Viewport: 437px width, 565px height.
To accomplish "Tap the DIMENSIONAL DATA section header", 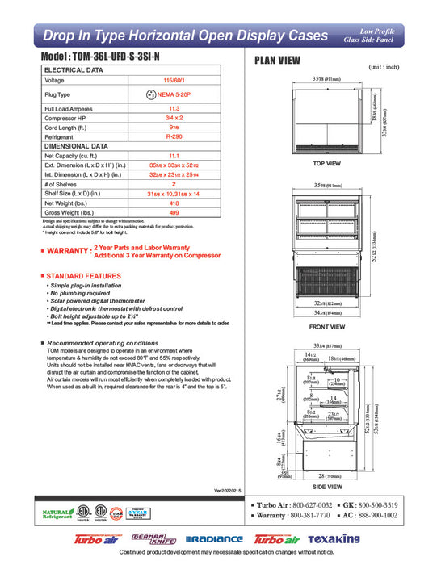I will [75, 146].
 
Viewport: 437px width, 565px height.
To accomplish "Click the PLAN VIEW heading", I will [279, 61].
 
